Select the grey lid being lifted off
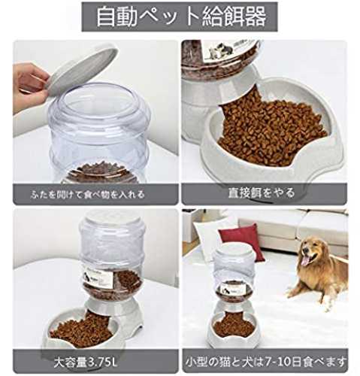[x=80, y=69]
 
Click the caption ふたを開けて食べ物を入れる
[x=88, y=195]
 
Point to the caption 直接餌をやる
[x=261, y=193]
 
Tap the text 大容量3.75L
[x=86, y=362]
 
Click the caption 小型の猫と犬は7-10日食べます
[x=266, y=362]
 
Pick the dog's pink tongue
[x=305, y=260]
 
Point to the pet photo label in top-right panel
[x=220, y=50]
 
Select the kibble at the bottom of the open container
[x=102, y=173]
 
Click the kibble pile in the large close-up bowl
[x=271, y=130]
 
